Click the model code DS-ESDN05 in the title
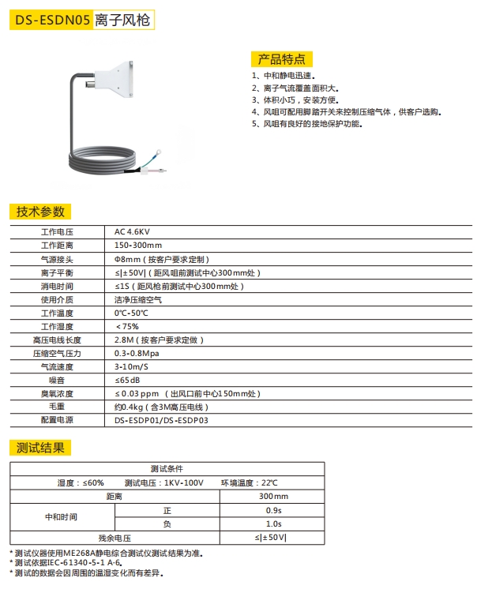pos(50,19)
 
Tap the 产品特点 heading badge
pos(281,59)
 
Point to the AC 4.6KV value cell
pos(133,232)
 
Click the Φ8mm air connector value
pos(161,259)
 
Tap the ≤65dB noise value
pos(127,380)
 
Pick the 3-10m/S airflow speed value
pos(133,366)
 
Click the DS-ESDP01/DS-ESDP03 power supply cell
pos(161,420)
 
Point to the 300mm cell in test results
pos(273,497)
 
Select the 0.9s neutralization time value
pos(273,510)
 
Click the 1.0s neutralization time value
pos(273,523)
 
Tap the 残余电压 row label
pos(114,537)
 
